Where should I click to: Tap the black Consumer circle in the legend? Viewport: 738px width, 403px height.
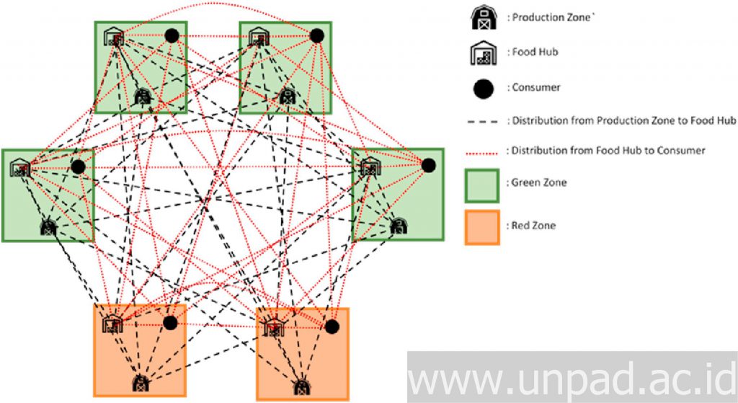coord(484,88)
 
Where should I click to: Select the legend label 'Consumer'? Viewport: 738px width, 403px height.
coord(535,87)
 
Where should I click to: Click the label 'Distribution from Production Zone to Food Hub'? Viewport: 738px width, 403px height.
coord(622,120)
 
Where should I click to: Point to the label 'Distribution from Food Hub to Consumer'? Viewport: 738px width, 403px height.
coord(606,151)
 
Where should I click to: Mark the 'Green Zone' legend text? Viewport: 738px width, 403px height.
coord(538,182)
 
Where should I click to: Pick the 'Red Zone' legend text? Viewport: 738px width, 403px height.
coord(533,226)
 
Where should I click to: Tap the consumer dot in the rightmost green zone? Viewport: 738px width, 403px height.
coord(429,165)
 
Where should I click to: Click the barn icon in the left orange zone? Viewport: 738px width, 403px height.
coord(141,383)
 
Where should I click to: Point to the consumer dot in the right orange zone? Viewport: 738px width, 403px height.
coord(332,327)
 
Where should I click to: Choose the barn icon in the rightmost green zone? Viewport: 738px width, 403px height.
coord(398,226)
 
